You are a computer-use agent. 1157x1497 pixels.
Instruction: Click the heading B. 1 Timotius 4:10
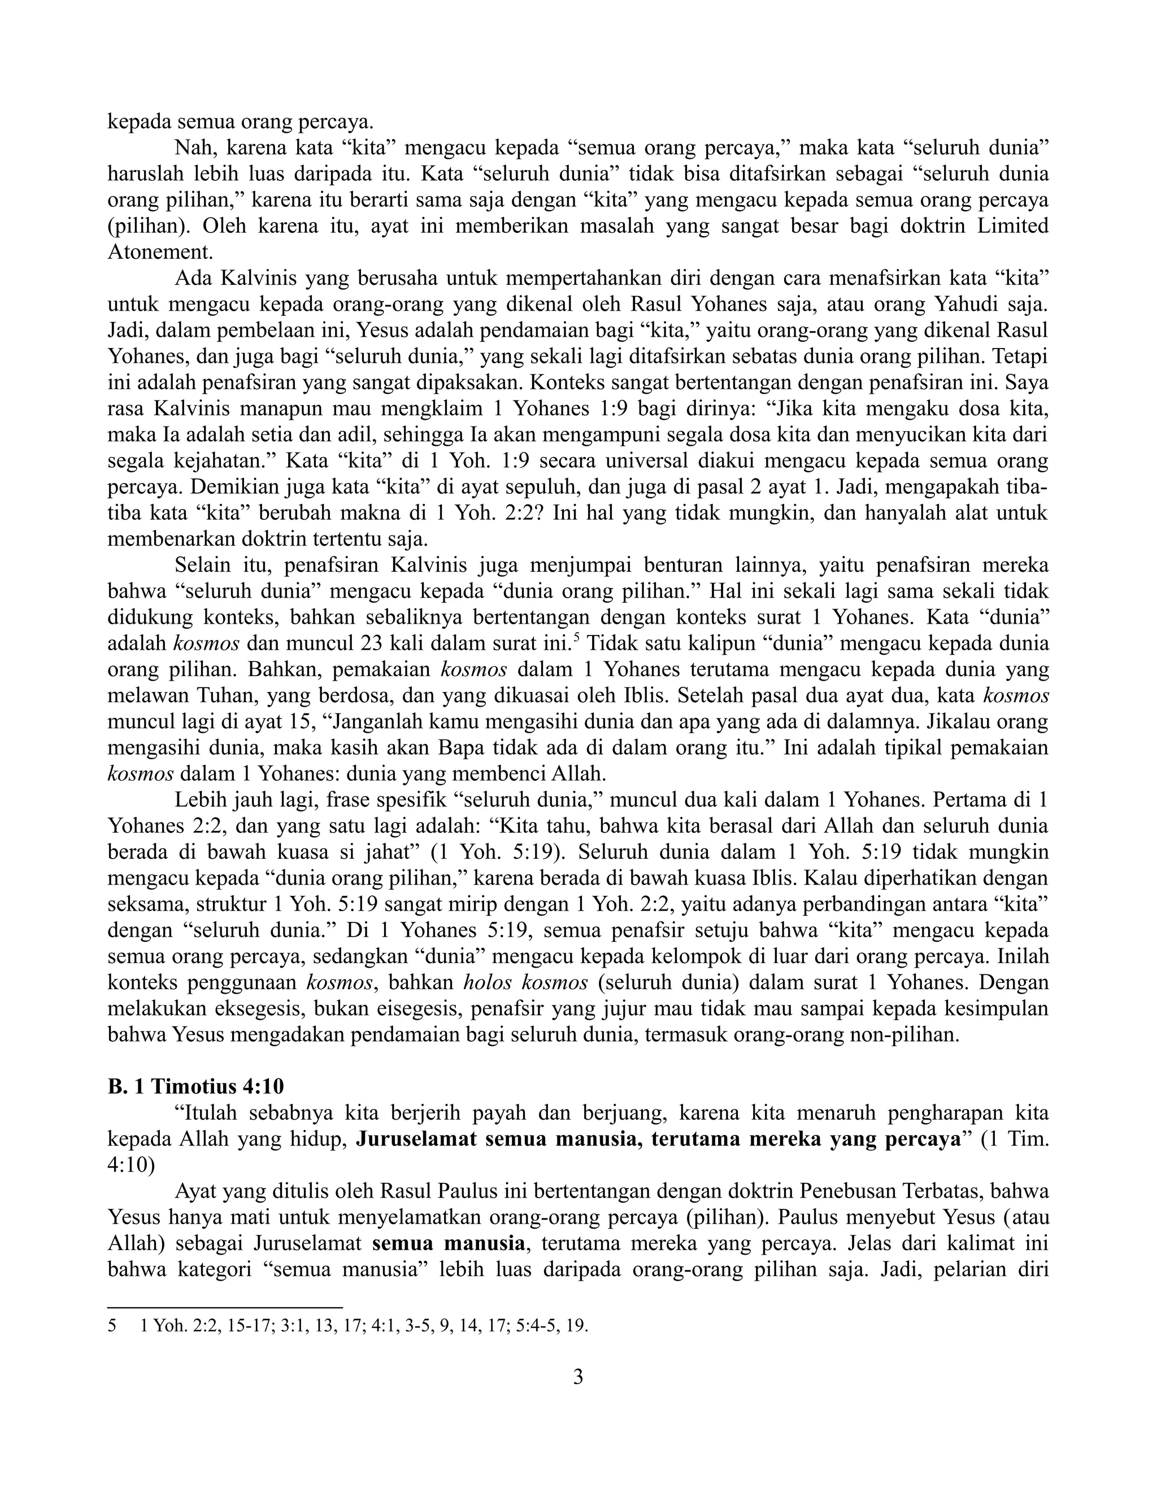[x=195, y=1086]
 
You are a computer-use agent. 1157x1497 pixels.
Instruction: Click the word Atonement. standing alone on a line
[x=160, y=253]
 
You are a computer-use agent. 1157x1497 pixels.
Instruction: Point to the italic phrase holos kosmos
[x=526, y=983]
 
